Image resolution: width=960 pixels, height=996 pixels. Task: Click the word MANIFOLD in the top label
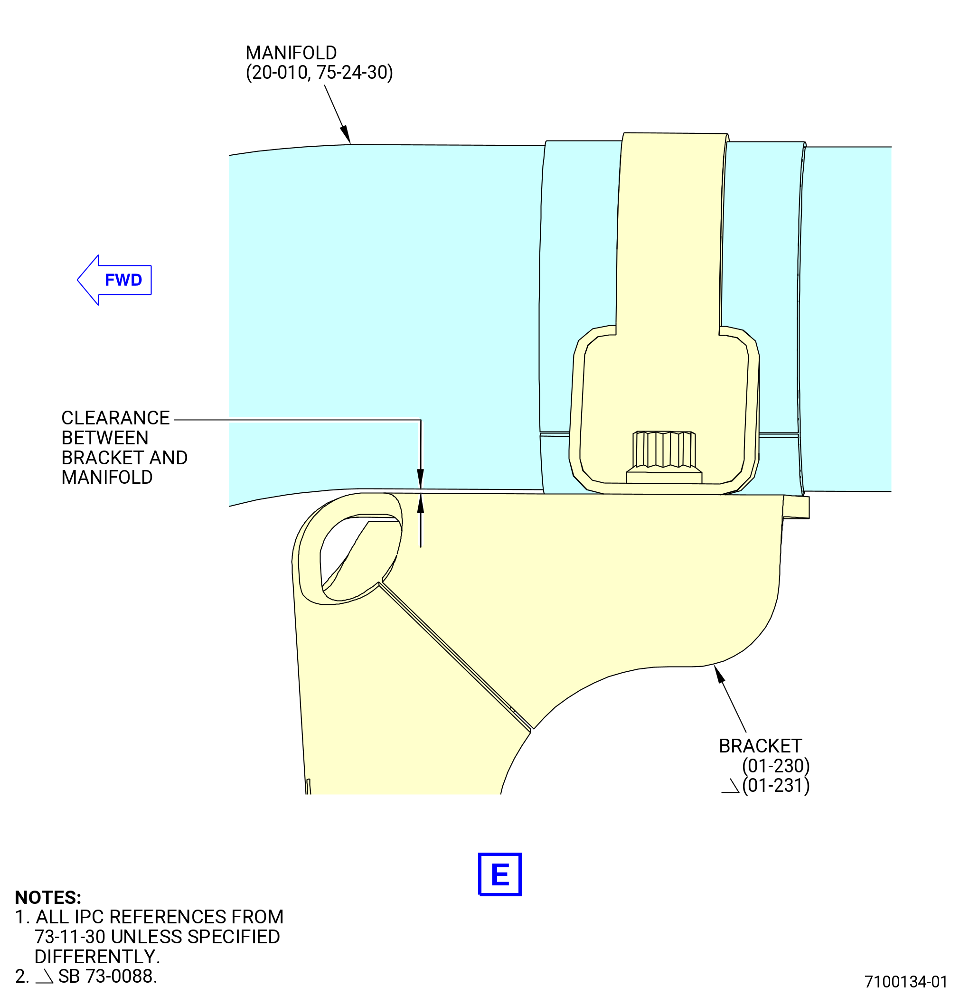point(291,53)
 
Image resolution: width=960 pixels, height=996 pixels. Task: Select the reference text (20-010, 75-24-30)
point(319,73)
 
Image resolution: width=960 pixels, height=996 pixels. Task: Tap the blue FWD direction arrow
point(114,280)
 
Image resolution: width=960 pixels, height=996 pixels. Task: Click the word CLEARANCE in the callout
point(115,418)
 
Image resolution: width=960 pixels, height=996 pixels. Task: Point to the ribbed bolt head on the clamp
point(664,449)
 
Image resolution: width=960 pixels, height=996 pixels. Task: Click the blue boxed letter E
point(500,874)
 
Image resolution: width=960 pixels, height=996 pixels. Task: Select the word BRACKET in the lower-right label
point(760,746)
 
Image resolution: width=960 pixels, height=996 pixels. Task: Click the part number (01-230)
point(775,766)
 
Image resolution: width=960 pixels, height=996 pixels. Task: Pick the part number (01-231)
point(775,786)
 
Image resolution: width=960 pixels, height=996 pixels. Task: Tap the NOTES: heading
point(48,897)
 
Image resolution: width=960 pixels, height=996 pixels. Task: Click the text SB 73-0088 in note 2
point(107,976)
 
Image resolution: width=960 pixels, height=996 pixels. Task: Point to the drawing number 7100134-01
point(906,982)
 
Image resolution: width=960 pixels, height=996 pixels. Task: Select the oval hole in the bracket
point(360,558)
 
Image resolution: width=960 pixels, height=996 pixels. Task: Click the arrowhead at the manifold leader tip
point(346,135)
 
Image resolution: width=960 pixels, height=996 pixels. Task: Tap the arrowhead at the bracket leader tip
point(719,674)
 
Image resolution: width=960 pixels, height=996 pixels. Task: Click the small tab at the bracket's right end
point(796,507)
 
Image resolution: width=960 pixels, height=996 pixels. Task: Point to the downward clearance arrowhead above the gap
point(420,479)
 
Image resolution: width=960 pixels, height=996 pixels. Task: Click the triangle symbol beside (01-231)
point(730,786)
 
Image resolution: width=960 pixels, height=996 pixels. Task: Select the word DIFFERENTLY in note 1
point(97,957)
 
